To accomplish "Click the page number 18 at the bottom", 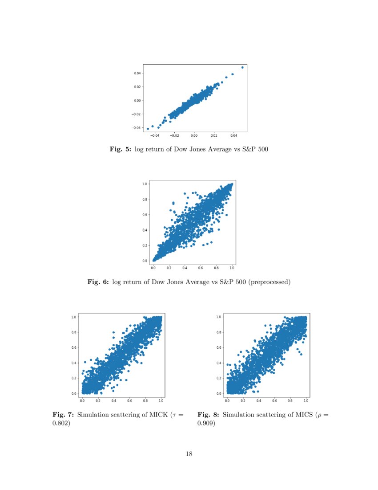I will click(x=189, y=454).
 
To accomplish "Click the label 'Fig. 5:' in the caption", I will click(x=120, y=150).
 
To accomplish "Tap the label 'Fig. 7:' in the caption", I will click(x=64, y=415).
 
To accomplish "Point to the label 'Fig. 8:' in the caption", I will click(x=208, y=415).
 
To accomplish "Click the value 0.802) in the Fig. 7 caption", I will click(x=62, y=424).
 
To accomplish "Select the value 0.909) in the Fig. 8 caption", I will click(x=206, y=424).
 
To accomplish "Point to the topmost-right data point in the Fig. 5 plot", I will click(x=242, y=67).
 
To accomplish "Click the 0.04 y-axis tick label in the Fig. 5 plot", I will click(x=138, y=73).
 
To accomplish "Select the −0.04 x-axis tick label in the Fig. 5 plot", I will click(x=154, y=135).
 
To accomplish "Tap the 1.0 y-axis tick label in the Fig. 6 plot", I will click(x=145, y=184).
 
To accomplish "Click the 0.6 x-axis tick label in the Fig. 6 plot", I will click(x=201, y=268).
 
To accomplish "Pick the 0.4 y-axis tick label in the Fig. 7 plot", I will click(x=74, y=363).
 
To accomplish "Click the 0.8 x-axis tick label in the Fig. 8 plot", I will click(x=290, y=401).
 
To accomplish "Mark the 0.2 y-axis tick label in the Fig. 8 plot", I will click(x=219, y=378).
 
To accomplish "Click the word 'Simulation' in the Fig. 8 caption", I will click(x=239, y=415).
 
